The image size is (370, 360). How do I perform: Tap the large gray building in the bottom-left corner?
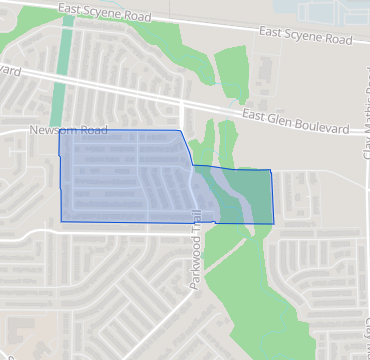pyautogui.click(x=20, y=335)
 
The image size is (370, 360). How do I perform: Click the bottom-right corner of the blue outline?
pyautogui.click(x=272, y=222)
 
